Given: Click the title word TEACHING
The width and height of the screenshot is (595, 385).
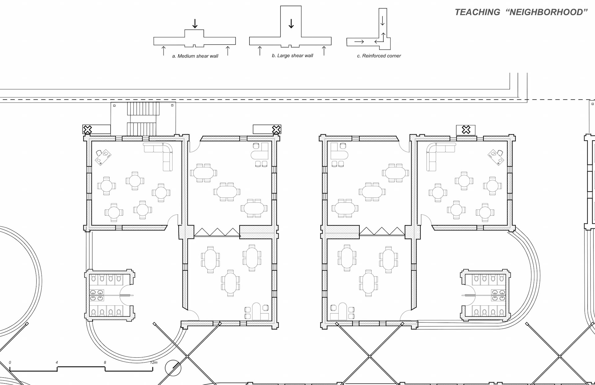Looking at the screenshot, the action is (477, 12).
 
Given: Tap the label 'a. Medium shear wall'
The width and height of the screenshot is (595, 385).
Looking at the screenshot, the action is (195, 56).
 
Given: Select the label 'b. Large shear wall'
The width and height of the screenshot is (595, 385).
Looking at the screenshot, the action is (293, 56).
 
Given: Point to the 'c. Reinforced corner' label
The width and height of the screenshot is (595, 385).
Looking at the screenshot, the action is (379, 56).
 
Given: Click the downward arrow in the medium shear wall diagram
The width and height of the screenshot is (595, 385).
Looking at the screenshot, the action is (195, 24).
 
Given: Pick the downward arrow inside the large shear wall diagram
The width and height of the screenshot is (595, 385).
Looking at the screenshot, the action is (291, 24).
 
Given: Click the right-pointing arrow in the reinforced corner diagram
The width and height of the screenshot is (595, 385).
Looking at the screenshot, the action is (359, 42).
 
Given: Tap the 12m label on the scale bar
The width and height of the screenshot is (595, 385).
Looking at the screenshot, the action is (154, 362).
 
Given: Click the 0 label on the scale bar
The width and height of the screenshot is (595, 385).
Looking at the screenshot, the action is (10, 362).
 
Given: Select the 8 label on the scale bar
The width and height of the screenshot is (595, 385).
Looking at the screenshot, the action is (105, 362).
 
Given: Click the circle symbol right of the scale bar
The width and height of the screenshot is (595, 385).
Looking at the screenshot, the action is (173, 368).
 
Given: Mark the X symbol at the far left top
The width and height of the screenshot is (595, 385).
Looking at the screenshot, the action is (88, 130).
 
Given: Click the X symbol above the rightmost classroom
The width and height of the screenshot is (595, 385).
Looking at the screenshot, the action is (466, 130).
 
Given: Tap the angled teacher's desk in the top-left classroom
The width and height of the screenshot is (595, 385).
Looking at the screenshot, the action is (103, 157).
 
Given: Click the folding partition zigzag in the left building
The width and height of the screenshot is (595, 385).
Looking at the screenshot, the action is (217, 232).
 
